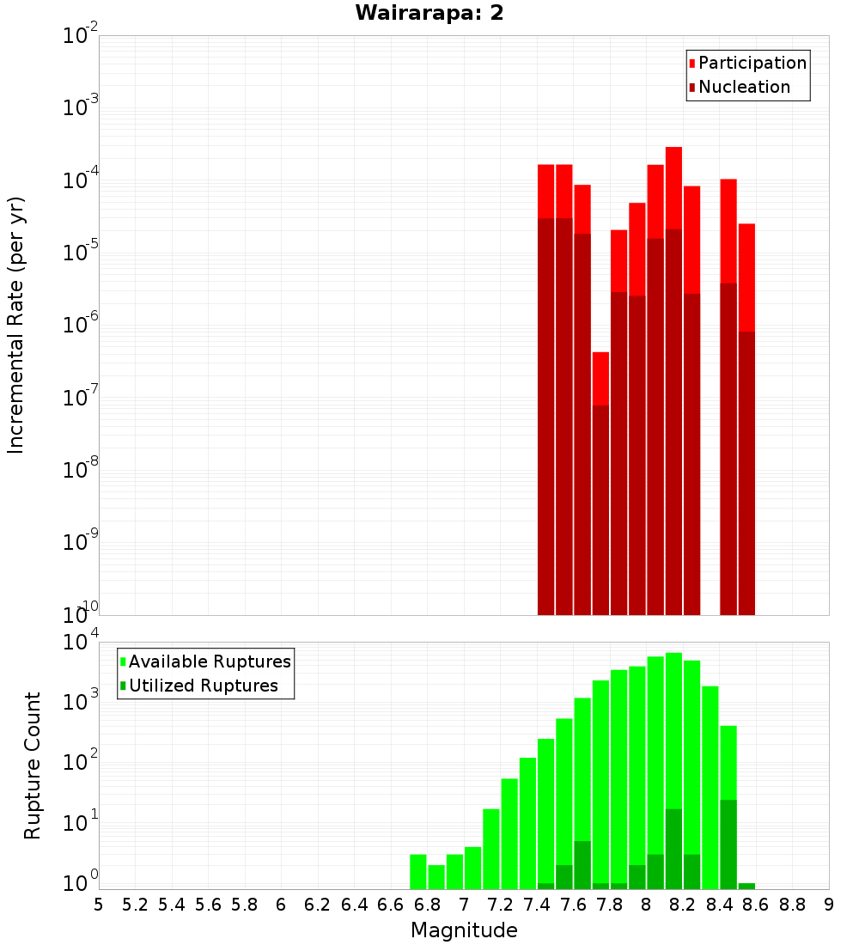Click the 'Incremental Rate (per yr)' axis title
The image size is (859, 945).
[15, 325]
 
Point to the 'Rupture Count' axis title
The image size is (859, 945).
[33, 765]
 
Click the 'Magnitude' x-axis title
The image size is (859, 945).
[464, 930]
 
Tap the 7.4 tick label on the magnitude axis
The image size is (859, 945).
[537, 905]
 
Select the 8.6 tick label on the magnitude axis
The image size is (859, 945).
[756, 905]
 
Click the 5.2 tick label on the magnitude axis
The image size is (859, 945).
[135, 905]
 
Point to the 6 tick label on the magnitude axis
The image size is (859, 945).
[281, 905]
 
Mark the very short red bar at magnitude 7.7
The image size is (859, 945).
[600, 378]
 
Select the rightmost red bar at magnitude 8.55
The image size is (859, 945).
[746, 275]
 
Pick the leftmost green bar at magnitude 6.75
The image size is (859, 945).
[418, 871]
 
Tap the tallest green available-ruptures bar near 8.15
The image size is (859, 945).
[673, 730]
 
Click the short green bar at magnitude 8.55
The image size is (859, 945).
[746, 886]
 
